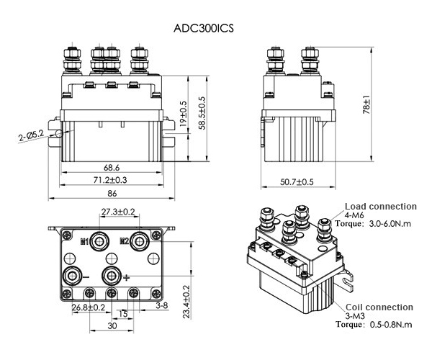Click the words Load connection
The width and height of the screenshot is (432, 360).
[381, 206]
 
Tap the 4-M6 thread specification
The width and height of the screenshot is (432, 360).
[356, 215]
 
